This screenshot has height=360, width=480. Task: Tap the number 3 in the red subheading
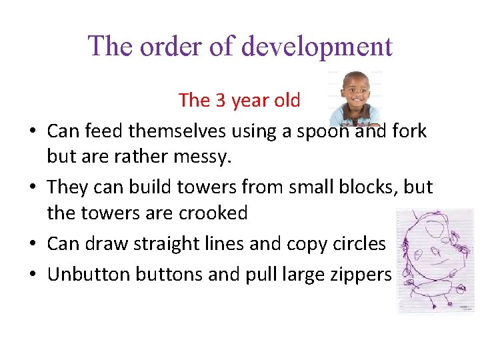click(221, 101)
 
